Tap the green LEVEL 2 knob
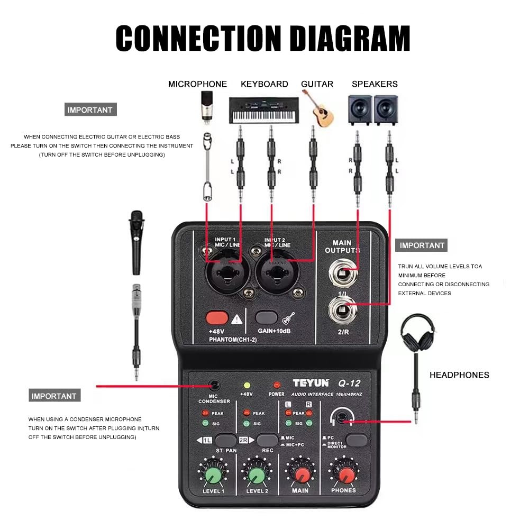[x=257, y=476]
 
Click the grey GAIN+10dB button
[x=267, y=317]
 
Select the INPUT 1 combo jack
[x=225, y=273]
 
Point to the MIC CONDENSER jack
[x=214, y=386]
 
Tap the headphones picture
[x=418, y=333]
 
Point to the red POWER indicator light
[x=276, y=385]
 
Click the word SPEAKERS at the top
[x=375, y=84]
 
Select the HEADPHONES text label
[x=459, y=375]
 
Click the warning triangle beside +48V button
[x=236, y=318]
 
